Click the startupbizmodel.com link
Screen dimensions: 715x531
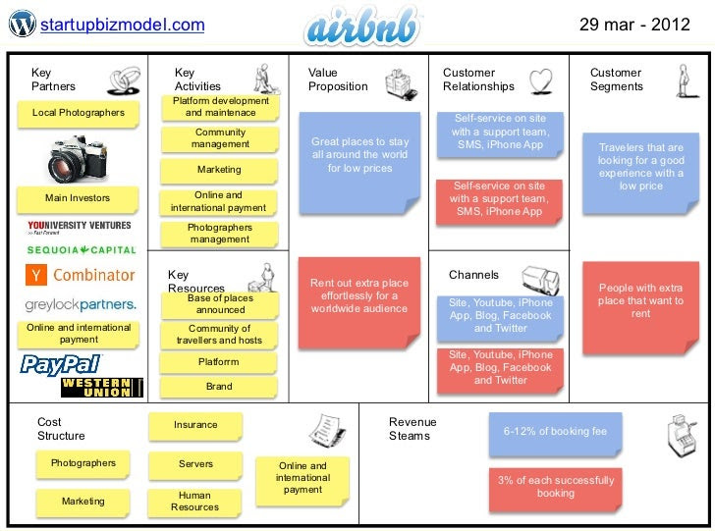(x=122, y=25)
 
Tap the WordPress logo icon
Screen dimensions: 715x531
(x=22, y=24)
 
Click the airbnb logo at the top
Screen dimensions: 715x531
(x=362, y=27)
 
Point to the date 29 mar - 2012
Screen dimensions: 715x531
(x=634, y=25)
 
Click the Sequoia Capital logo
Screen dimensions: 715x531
(x=82, y=249)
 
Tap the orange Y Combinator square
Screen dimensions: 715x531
(x=36, y=275)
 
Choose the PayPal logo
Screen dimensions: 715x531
(x=61, y=365)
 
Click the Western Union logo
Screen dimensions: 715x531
(x=102, y=388)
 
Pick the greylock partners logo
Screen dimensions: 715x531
(x=81, y=305)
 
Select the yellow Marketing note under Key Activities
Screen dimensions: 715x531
(x=219, y=171)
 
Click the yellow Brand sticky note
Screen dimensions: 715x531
(x=219, y=387)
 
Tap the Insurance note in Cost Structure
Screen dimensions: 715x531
(x=195, y=426)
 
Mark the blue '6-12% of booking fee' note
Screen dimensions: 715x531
(x=555, y=434)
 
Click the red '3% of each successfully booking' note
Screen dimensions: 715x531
(x=556, y=489)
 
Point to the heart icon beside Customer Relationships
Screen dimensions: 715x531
(x=541, y=81)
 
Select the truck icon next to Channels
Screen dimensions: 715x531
(x=541, y=280)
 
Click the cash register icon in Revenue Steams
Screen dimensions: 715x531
(x=683, y=435)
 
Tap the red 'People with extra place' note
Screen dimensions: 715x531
(x=640, y=307)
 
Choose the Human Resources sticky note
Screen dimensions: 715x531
(x=194, y=503)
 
